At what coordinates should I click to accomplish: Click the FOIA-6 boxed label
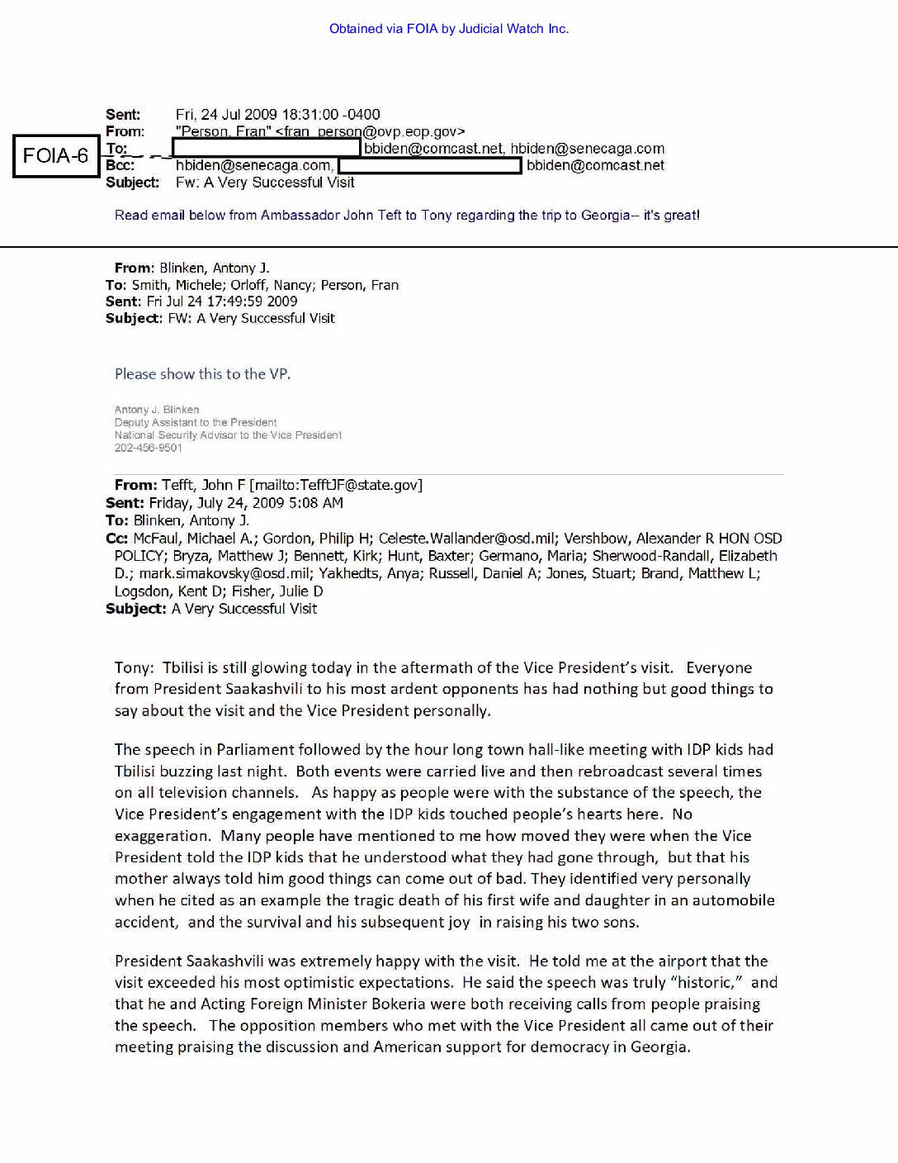click(x=55, y=156)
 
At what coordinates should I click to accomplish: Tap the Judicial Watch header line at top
click(x=449, y=29)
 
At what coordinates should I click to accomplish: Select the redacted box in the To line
click(x=266, y=148)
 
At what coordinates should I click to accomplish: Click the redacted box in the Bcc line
click(x=430, y=165)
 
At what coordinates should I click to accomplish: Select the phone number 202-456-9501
click(x=149, y=448)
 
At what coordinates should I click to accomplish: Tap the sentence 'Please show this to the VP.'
click(x=202, y=374)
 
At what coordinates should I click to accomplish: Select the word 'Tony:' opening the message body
click(x=134, y=667)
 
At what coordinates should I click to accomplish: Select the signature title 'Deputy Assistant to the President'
click(x=196, y=422)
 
